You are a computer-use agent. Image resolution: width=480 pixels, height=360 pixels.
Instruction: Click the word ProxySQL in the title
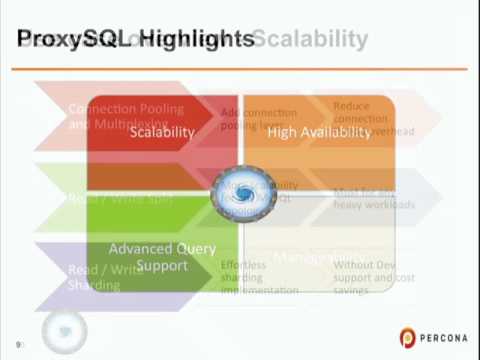coord(75,39)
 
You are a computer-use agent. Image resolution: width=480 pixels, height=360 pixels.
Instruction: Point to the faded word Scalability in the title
coord(311,39)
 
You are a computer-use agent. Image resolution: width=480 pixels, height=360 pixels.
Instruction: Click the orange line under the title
coord(240,69)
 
